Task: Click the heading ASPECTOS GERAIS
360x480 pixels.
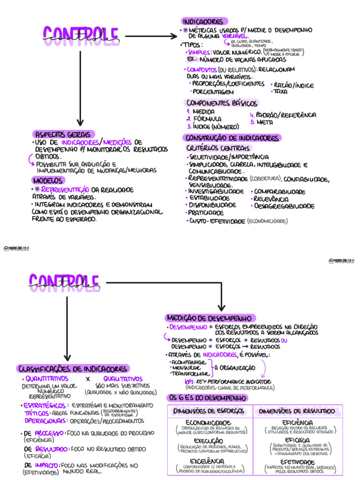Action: pyautogui.click(x=64, y=134)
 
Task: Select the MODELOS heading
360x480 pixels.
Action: pyautogui.click(x=49, y=180)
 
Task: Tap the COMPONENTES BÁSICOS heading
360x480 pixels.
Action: pyautogui.click(x=222, y=103)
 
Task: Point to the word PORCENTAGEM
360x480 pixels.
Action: pyautogui.click(x=213, y=92)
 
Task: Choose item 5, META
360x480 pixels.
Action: pyautogui.click(x=264, y=122)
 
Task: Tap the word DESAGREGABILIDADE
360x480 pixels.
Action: pyautogui.click(x=285, y=206)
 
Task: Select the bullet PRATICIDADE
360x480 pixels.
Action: pyautogui.click(x=206, y=213)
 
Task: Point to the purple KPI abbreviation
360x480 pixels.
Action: pyautogui.click(x=190, y=382)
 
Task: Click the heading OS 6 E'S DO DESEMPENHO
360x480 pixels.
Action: pyautogui.click(x=207, y=398)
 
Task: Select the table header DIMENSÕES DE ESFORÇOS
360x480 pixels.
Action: pyautogui.click(x=209, y=411)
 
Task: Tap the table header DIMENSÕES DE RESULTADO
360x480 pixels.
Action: pyautogui.click(x=297, y=411)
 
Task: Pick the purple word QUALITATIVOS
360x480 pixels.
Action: pyautogui.click(x=123, y=379)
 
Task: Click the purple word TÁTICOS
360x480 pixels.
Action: pyautogui.click(x=36, y=413)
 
